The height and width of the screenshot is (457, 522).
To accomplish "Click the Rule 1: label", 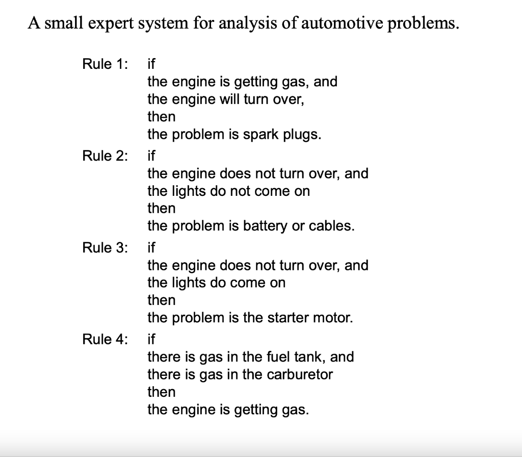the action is (105, 64).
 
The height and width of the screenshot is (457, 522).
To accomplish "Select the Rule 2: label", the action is (105, 156).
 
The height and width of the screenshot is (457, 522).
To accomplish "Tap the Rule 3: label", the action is (105, 248).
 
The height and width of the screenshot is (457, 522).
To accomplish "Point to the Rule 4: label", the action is (105, 340).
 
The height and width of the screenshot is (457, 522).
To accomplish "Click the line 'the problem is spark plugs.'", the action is (234, 135).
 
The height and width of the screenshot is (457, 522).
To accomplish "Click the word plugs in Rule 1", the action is (304, 135).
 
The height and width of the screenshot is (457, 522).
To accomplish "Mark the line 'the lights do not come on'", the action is (228, 191).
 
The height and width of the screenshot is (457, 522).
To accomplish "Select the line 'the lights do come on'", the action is (216, 283).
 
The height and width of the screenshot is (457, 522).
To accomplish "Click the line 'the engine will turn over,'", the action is (226, 99).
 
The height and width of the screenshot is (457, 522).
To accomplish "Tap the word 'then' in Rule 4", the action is (161, 392).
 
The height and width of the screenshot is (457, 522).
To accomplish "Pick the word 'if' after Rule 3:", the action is (151, 248).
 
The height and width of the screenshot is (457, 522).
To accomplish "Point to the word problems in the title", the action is (417, 23).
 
